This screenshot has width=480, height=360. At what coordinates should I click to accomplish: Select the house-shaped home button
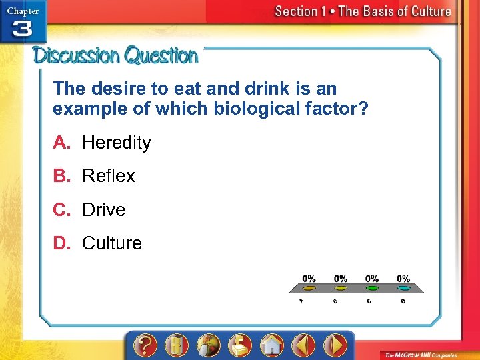pyautogui.click(x=272, y=345)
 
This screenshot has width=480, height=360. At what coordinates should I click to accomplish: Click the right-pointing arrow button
pyautogui.click(x=335, y=345)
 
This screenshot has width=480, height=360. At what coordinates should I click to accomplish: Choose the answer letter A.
pyautogui.click(x=61, y=143)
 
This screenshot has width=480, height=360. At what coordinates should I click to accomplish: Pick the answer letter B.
pyautogui.click(x=61, y=176)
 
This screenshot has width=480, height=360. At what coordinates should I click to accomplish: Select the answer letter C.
pyautogui.click(x=61, y=210)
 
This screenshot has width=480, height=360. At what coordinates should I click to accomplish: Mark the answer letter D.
pyautogui.click(x=61, y=243)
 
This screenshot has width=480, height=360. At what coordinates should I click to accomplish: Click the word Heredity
pyautogui.click(x=117, y=143)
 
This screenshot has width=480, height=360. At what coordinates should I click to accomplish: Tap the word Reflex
pyautogui.click(x=109, y=176)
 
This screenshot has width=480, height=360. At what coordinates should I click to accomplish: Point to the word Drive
pyautogui.click(x=103, y=210)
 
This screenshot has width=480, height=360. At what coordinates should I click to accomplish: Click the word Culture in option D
pyautogui.click(x=112, y=243)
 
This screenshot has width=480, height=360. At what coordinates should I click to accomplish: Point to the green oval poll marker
pyautogui.click(x=372, y=289)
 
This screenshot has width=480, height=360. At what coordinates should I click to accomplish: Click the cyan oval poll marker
pyautogui.click(x=403, y=289)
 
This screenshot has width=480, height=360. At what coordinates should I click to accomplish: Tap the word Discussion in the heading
pyautogui.click(x=77, y=55)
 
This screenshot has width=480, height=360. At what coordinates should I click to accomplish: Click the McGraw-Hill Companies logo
pyautogui.click(x=423, y=355)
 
